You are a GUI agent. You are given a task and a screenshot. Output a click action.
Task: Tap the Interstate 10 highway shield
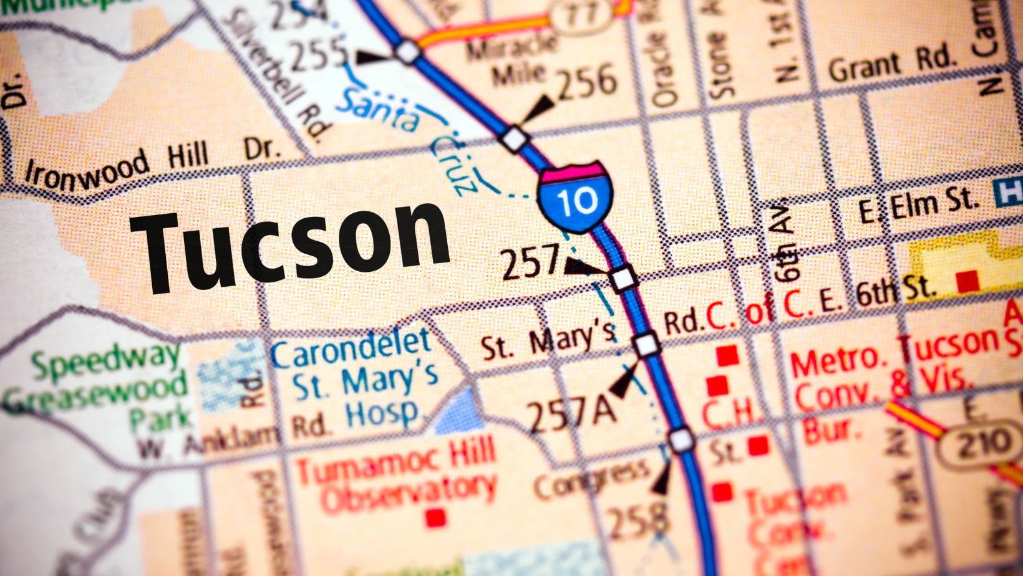pos(576,198)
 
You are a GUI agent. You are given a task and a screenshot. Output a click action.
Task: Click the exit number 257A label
pos(571,414)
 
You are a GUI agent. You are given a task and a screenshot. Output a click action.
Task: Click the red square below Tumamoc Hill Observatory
pos(435,517)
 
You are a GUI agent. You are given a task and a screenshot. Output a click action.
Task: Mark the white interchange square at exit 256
pos(515,138)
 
